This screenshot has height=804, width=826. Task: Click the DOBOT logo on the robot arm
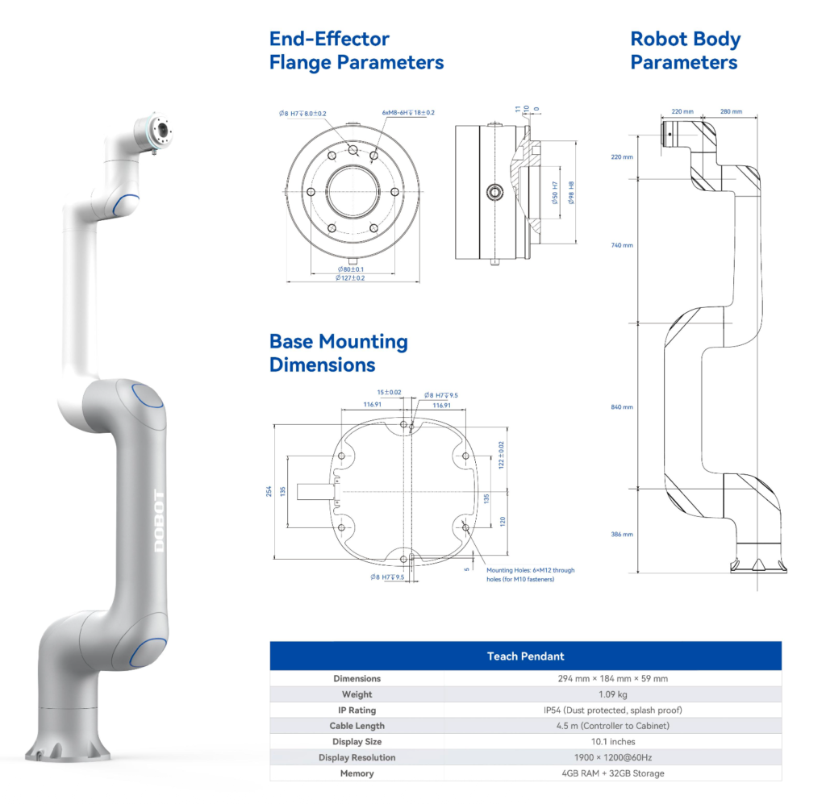159,521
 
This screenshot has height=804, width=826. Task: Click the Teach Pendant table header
525,656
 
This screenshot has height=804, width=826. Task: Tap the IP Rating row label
357,710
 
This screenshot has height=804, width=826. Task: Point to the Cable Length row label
357,726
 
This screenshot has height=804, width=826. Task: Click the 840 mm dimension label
623,407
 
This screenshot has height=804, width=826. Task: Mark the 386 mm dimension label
623,534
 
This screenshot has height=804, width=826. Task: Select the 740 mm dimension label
623,245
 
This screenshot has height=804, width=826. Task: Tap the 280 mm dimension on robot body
731,112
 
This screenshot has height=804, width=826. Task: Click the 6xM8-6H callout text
408,113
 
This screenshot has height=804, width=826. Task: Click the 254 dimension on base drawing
269,490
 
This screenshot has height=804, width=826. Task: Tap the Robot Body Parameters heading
685,50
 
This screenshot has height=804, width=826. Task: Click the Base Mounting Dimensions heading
339,352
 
